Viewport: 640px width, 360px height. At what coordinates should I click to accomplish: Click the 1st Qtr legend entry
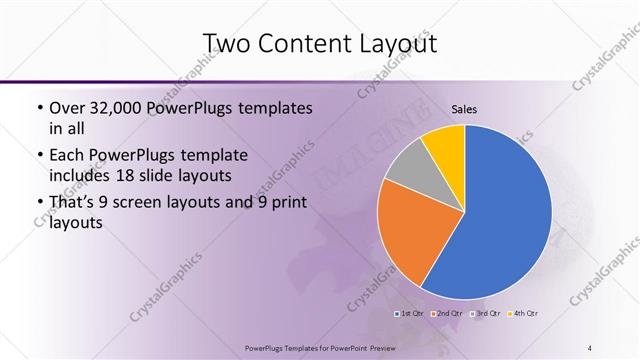pyautogui.click(x=410, y=314)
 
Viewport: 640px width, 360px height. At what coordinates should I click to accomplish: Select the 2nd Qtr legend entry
pyautogui.click(x=448, y=314)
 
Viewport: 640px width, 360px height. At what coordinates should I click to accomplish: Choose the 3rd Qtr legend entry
pyautogui.click(x=486, y=314)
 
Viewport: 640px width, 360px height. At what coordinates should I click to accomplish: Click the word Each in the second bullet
pyautogui.click(x=69, y=155)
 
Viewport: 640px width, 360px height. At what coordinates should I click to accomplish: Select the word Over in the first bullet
pyautogui.click(x=69, y=107)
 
